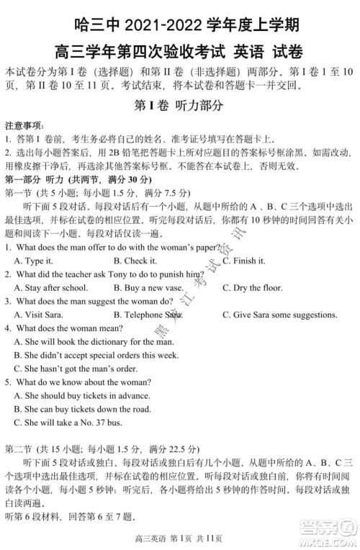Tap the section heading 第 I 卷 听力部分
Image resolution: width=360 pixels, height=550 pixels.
click(x=179, y=104)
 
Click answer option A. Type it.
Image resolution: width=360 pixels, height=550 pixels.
click(x=34, y=261)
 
